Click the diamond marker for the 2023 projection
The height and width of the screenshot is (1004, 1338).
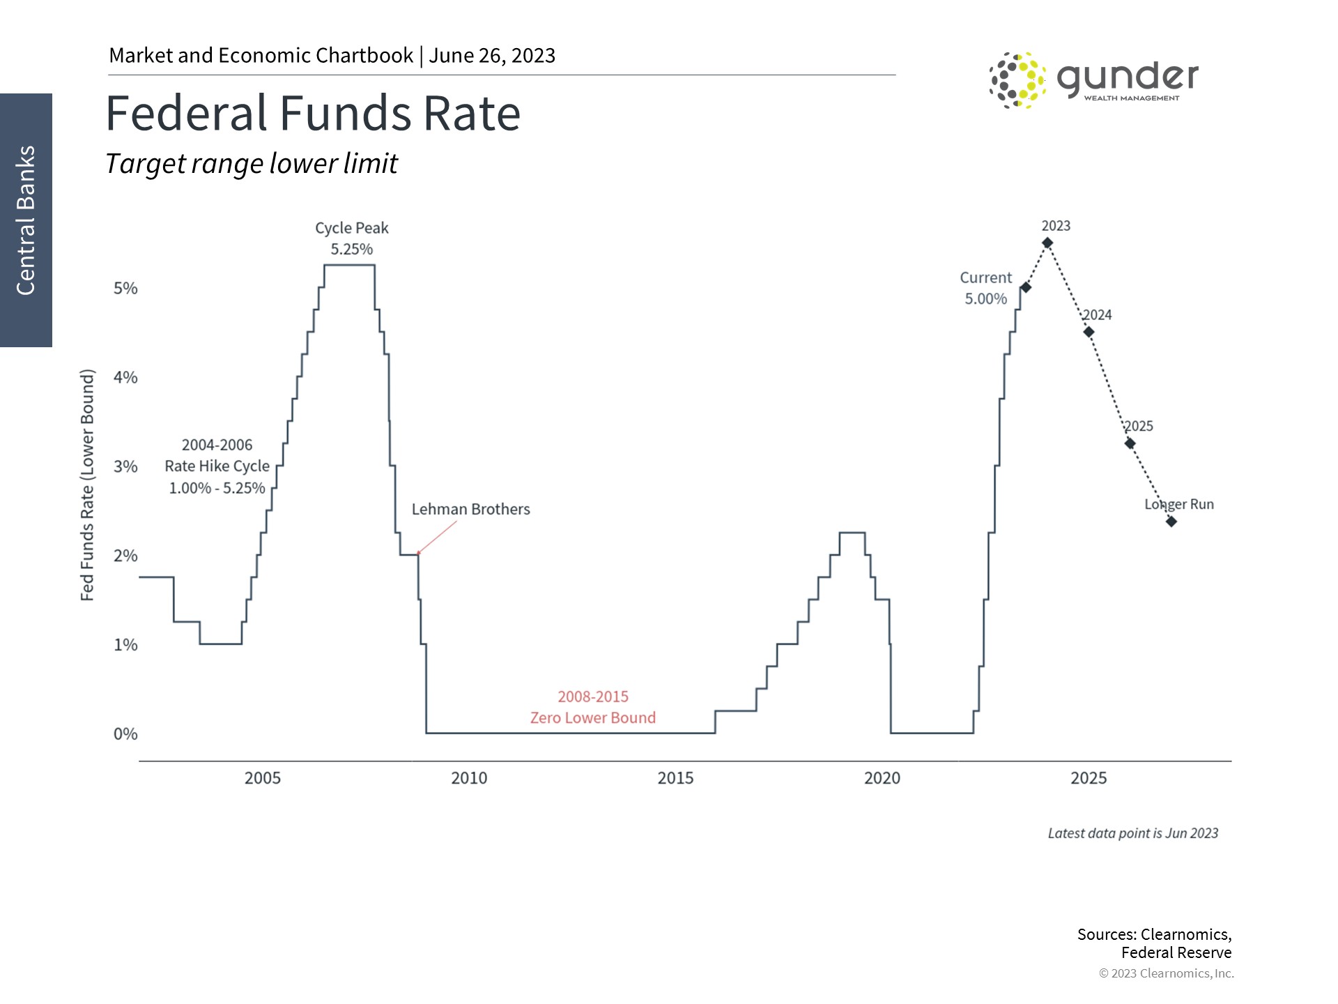1047,243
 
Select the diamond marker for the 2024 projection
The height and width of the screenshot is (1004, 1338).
1089,332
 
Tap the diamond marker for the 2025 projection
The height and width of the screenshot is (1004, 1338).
1130,443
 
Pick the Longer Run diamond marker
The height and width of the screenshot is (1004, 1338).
1171,522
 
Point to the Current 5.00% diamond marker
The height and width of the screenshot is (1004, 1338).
1026,287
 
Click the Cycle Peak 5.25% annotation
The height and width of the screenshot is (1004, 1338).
351,238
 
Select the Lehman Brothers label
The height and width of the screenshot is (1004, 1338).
470,509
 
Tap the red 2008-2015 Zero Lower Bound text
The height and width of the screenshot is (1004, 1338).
593,707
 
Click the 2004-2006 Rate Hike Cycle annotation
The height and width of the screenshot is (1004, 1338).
217,466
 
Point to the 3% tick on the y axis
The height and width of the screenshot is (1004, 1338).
125,466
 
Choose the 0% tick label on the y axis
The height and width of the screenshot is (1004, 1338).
125,733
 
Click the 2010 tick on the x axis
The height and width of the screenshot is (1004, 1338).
469,778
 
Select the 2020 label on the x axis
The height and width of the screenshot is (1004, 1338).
882,778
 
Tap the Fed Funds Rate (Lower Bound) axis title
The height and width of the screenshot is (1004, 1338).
87,485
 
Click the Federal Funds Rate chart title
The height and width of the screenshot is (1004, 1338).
313,113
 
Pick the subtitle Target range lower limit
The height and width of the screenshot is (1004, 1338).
251,164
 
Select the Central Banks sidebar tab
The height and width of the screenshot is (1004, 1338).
26,220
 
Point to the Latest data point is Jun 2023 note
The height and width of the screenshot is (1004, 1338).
1132,833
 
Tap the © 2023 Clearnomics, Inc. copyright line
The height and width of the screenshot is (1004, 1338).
1166,973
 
